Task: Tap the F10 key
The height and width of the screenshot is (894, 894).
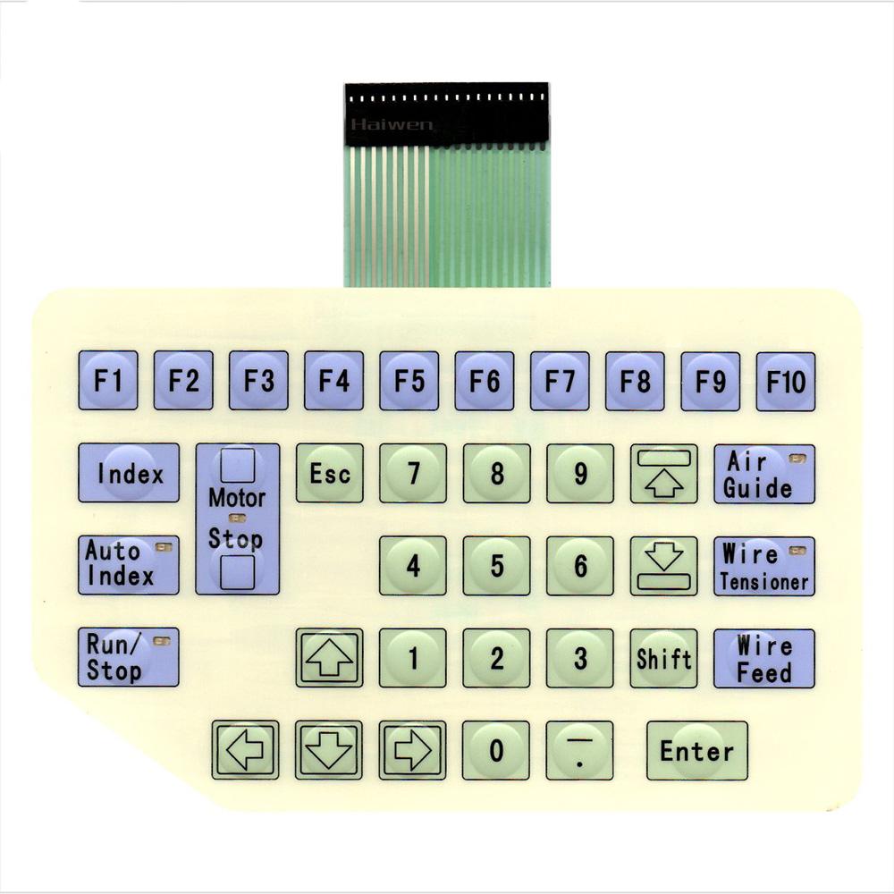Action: point(786,382)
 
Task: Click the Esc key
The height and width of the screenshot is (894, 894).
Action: point(329,473)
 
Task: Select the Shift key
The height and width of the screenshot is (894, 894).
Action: point(663,658)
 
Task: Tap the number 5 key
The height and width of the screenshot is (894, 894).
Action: point(496,566)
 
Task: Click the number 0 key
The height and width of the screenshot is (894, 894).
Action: point(496,750)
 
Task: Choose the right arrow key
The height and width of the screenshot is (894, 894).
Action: point(412,750)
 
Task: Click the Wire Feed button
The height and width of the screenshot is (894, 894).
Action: point(763,659)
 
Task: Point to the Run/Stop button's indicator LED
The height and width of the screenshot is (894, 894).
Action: point(162,640)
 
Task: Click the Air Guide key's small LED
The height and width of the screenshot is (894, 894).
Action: point(797,459)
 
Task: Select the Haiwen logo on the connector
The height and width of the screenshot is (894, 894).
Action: point(391,124)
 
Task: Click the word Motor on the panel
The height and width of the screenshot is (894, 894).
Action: point(237,497)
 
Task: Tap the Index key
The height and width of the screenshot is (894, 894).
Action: point(129,473)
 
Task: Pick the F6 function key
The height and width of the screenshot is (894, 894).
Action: point(484,382)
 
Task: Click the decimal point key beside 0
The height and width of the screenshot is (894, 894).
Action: point(579,750)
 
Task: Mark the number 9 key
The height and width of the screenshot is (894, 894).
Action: point(580,473)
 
